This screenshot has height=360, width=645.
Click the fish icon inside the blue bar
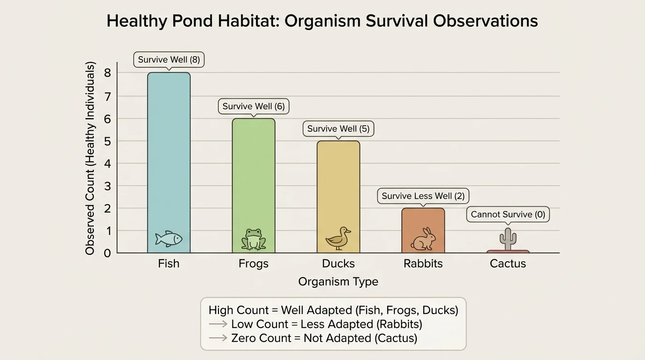[x=169, y=239]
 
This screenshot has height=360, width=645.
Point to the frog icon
[x=254, y=240]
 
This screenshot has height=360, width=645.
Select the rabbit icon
[x=423, y=239]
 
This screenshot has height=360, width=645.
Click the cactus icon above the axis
[x=508, y=239]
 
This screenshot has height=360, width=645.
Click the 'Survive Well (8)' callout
[x=169, y=60]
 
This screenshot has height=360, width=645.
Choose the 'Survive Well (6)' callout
[x=254, y=106]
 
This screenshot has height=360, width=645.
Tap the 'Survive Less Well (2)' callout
[x=423, y=196]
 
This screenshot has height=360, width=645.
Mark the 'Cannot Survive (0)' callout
[x=508, y=215]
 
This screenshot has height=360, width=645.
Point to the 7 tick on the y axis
[x=107, y=96]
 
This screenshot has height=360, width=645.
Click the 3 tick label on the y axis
[x=107, y=186]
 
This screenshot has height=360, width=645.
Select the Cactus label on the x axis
[x=508, y=263]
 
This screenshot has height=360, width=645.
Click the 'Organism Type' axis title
[x=338, y=282]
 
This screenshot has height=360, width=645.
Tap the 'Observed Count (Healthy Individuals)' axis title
[x=90, y=158]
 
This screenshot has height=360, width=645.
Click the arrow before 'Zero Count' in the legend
[x=218, y=337]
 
